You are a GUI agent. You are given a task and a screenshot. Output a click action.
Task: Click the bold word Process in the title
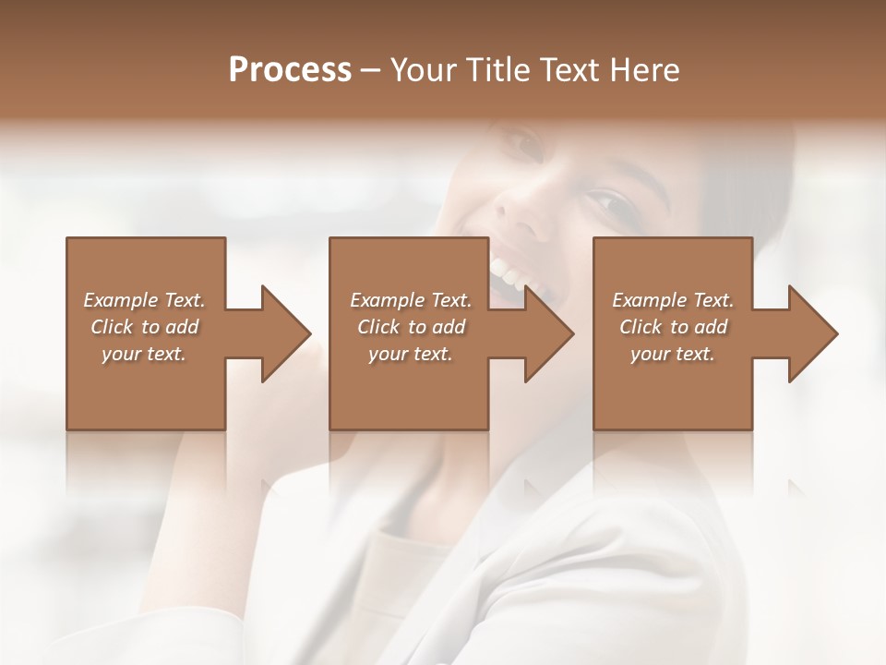(x=290, y=70)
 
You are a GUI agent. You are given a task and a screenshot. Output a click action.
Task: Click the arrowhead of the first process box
(x=285, y=333)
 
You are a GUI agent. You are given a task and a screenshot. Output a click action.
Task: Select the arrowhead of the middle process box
(x=548, y=333)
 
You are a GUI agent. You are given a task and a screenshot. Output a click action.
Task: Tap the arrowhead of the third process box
(x=812, y=333)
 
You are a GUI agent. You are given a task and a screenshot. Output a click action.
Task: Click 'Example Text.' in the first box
(x=144, y=300)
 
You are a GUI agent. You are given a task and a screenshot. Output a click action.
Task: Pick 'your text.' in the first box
(x=144, y=354)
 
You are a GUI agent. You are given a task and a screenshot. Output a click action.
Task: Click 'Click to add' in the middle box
(x=411, y=327)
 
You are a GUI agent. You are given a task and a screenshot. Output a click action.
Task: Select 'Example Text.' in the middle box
(x=411, y=300)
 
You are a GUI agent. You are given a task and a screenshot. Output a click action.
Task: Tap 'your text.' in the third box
(x=673, y=354)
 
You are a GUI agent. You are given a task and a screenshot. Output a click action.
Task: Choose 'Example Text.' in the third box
(x=673, y=300)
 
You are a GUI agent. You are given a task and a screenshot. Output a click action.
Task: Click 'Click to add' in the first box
(x=144, y=327)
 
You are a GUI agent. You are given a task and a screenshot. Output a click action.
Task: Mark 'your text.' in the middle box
(x=411, y=354)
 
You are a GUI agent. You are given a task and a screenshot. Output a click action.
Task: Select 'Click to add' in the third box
(x=673, y=327)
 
